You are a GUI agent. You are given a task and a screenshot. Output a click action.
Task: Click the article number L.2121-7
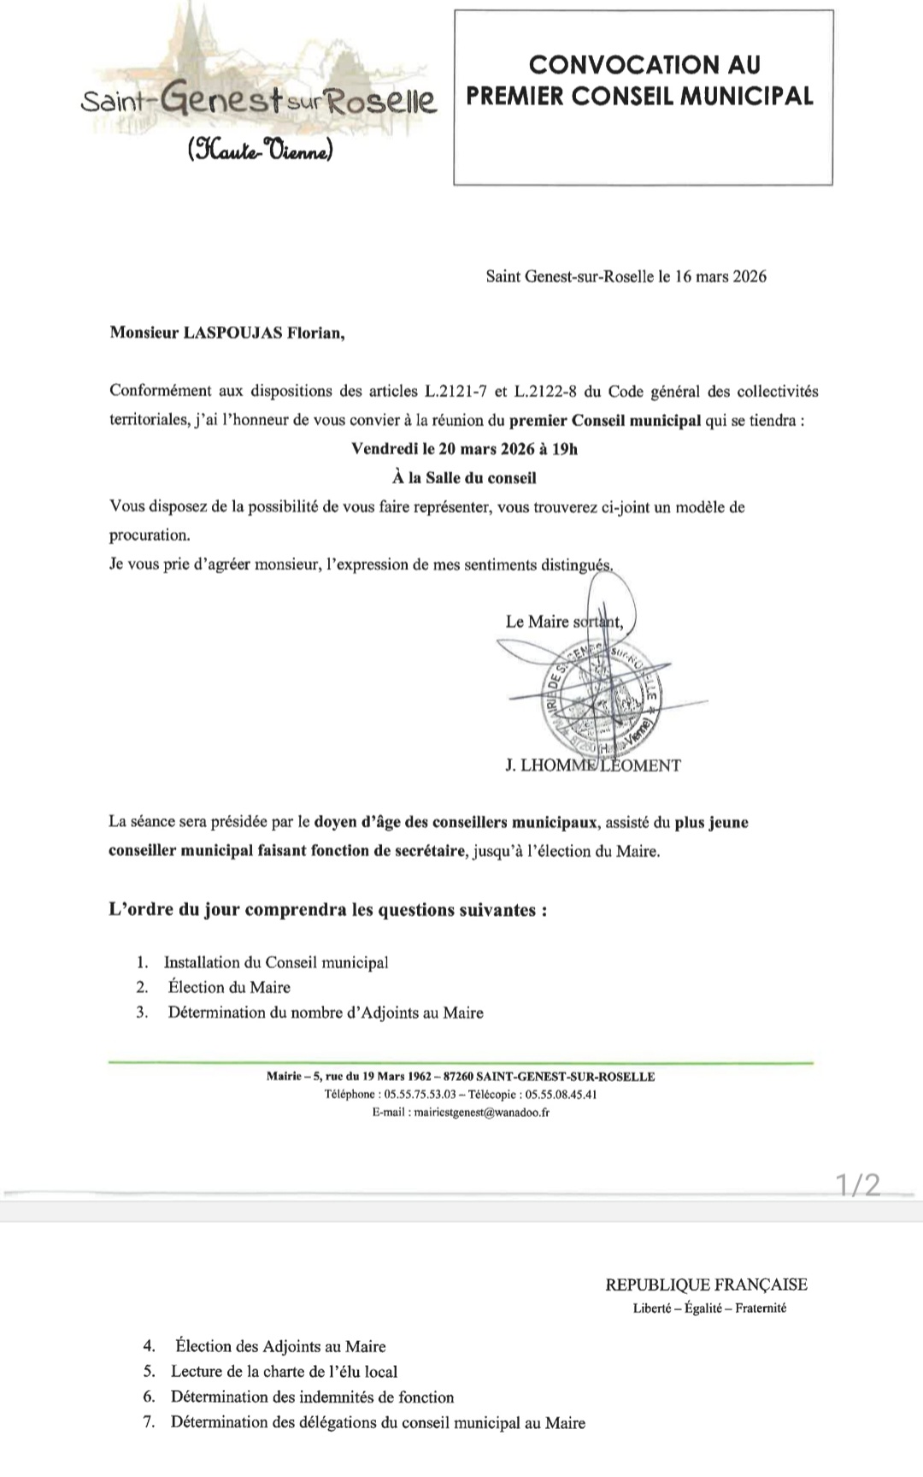457,392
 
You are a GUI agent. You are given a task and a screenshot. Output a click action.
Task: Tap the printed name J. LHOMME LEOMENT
593,765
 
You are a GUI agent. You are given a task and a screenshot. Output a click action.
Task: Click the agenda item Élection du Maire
229,987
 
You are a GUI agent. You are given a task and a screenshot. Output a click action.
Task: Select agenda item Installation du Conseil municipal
276,962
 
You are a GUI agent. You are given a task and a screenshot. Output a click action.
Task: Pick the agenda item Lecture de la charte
284,1371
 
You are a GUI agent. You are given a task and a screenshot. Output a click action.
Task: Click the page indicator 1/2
857,1185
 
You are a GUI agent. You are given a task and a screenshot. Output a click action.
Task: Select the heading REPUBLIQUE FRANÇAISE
706,1285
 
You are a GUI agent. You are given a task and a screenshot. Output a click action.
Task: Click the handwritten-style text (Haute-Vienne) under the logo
260,151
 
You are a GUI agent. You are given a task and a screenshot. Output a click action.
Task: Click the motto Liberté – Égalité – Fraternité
709,1308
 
